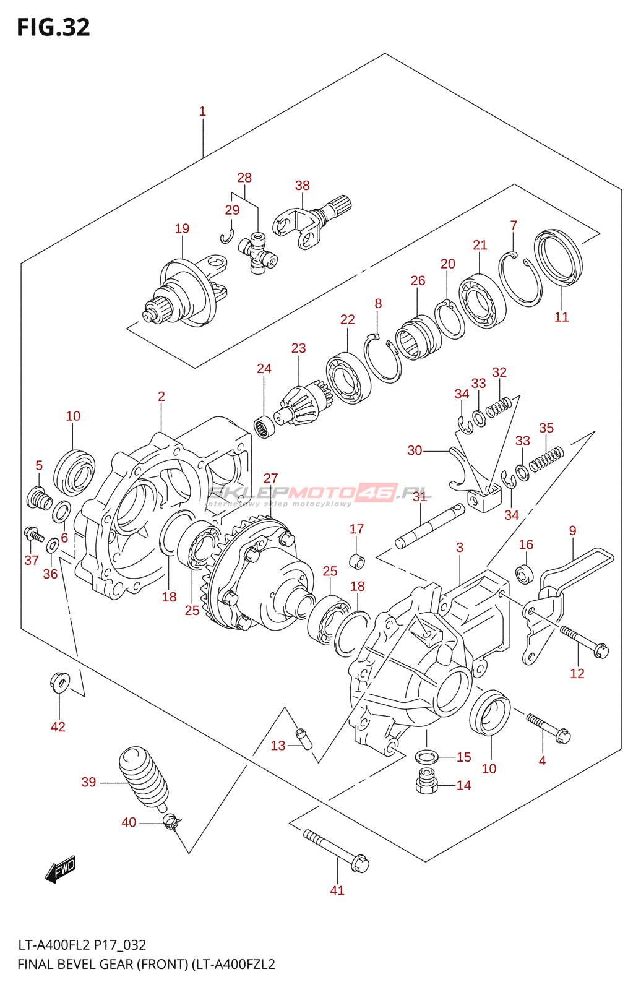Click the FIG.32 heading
(x=53, y=27)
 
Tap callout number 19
(x=182, y=228)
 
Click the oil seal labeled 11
(x=558, y=257)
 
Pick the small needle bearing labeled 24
(x=265, y=427)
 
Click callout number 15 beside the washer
(x=463, y=757)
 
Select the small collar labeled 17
(x=357, y=561)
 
